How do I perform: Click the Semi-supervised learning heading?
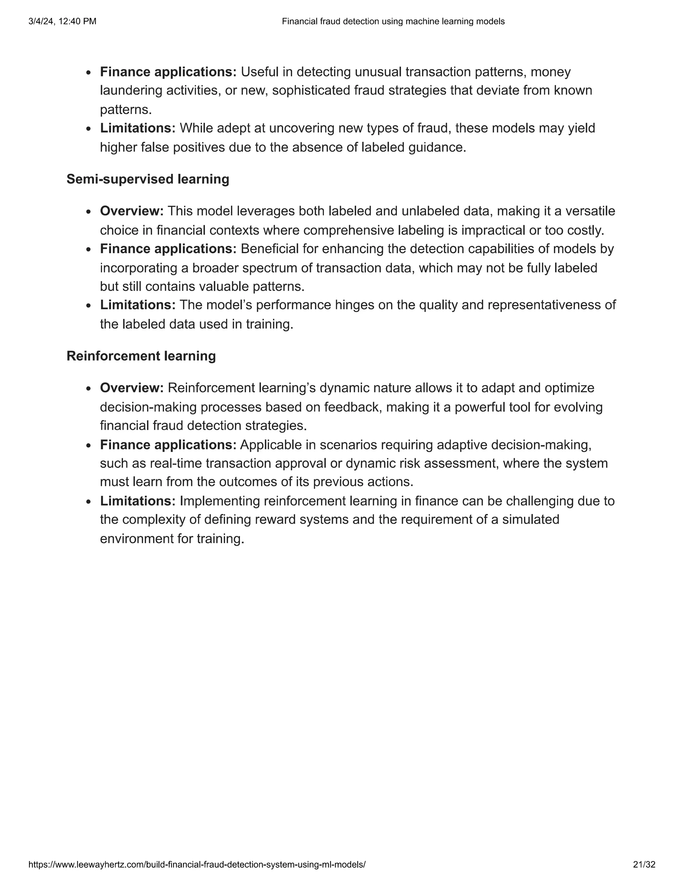pos(148,179)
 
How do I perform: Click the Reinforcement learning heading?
pos(141,356)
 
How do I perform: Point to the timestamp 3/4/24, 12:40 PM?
pos(62,21)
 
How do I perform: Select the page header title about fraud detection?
pos(393,21)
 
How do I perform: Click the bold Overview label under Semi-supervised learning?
pos(131,211)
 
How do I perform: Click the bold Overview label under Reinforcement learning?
pos(131,388)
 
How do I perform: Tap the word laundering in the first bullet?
pos(131,91)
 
